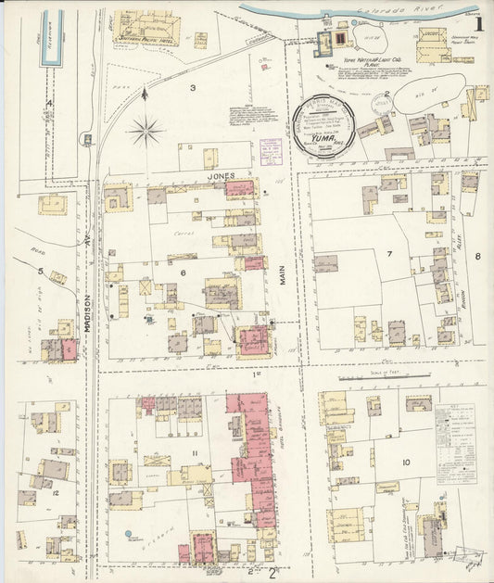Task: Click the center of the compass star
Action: (x=146, y=132)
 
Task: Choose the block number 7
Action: (x=389, y=253)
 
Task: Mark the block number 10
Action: (x=406, y=462)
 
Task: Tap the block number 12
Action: (x=56, y=493)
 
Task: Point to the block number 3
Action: (x=192, y=88)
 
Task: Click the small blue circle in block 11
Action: (x=129, y=535)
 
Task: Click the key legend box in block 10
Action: (x=455, y=431)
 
